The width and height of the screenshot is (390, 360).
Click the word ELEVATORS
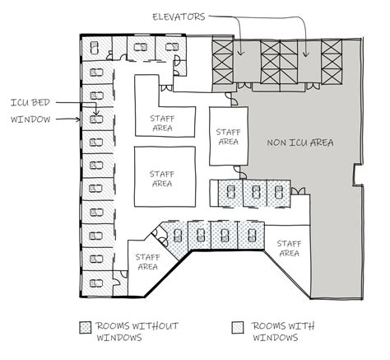179,16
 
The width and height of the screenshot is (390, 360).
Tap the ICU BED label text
30,103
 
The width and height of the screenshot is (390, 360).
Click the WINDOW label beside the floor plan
30,119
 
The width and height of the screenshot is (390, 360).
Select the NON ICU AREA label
300,143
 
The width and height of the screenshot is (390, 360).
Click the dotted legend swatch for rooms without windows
85,327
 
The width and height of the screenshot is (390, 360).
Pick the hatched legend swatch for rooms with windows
238,327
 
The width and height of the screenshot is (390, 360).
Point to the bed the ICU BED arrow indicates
96,119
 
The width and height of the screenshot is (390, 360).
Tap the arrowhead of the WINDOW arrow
78,119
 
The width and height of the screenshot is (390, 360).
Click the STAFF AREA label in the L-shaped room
162,124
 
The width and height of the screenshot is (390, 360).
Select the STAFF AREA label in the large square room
162,179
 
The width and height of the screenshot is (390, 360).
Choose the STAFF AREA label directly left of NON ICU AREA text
228,137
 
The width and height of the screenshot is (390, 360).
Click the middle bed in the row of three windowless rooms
256,192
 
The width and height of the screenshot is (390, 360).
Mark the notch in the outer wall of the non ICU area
357,175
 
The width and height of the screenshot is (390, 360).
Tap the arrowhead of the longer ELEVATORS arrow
306,55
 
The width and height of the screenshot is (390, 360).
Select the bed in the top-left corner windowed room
95,48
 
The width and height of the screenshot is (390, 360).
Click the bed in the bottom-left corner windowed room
96,283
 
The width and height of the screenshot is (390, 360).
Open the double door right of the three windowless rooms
298,191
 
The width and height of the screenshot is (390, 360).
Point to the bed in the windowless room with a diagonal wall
178,236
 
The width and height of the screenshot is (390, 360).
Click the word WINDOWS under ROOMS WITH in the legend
275,338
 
